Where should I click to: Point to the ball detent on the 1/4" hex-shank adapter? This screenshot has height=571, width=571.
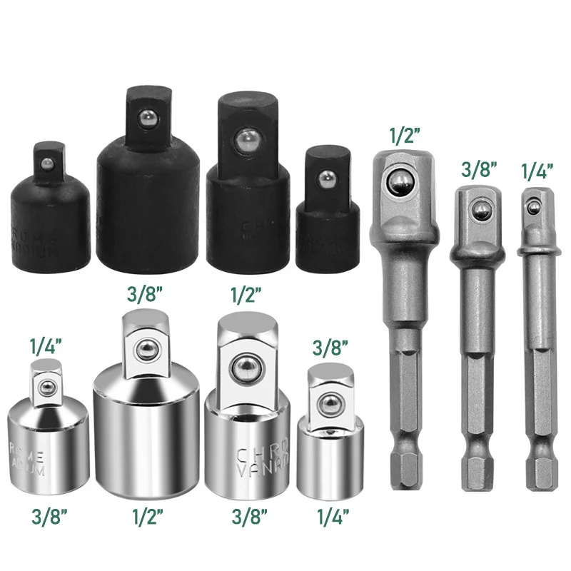click(531, 208)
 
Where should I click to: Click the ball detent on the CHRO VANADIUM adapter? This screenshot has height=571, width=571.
click(245, 366)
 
